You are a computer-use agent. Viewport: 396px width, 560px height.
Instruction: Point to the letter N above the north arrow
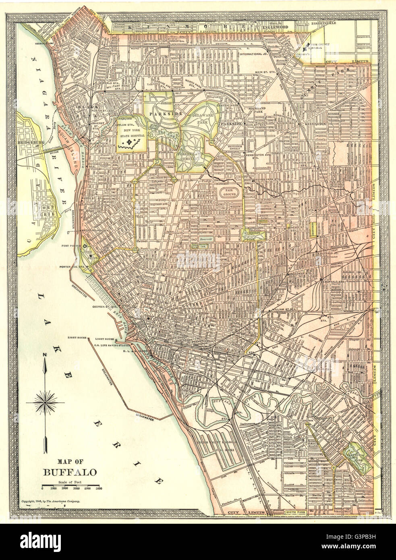(x=46, y=355)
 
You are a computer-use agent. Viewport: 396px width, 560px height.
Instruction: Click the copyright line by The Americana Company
(x=51, y=501)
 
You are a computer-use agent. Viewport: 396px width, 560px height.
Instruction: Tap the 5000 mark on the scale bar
(x=98, y=489)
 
